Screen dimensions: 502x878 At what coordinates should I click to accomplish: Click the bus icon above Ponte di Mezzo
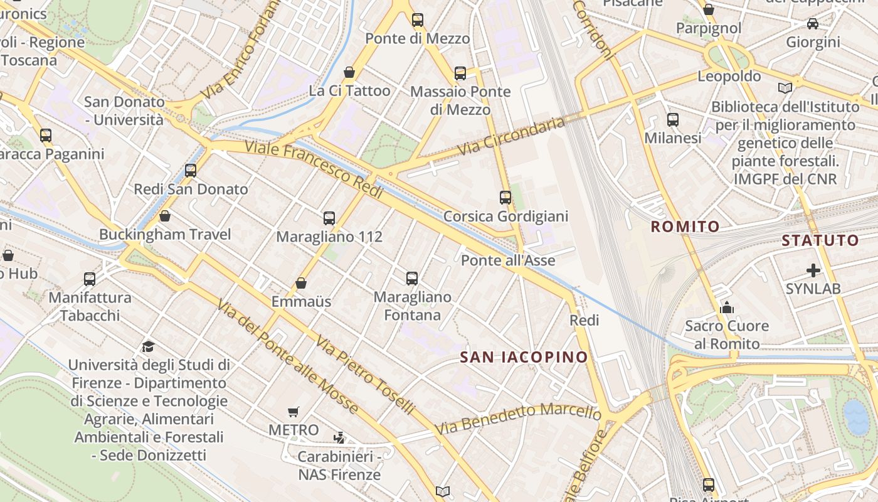[x=418, y=20]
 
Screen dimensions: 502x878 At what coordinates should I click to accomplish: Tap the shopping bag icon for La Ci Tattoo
[x=349, y=73]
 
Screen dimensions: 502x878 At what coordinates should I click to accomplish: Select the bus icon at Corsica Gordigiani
[x=505, y=198]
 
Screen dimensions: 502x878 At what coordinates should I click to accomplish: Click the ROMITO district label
[x=685, y=227]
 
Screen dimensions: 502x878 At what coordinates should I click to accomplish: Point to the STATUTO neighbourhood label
[x=820, y=240]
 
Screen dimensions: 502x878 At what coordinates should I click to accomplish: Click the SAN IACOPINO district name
[x=524, y=358]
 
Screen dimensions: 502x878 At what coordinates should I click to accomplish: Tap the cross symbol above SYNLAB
[x=813, y=270]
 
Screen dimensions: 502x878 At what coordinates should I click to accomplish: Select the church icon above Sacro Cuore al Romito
[x=727, y=307]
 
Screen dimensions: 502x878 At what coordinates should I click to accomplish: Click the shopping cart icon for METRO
[x=293, y=412]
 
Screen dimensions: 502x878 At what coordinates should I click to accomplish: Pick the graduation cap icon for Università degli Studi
[x=148, y=346]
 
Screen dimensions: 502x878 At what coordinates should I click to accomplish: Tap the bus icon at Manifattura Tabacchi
[x=90, y=279]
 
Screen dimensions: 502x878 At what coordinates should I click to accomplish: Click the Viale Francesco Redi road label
[x=314, y=170]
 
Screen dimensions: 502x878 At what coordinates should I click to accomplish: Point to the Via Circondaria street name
[x=511, y=136]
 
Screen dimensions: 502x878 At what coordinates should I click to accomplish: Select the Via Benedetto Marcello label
[x=518, y=419]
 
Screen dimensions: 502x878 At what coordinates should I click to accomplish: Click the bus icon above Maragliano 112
[x=329, y=218]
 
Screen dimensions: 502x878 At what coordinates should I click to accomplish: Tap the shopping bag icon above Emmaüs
[x=301, y=283]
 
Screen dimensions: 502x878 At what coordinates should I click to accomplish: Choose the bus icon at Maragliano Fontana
[x=412, y=278]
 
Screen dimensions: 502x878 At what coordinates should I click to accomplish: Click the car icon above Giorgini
[x=813, y=24]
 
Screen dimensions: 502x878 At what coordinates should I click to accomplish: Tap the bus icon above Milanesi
[x=673, y=119]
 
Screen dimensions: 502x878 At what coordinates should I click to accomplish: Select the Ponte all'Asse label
[x=508, y=260]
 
